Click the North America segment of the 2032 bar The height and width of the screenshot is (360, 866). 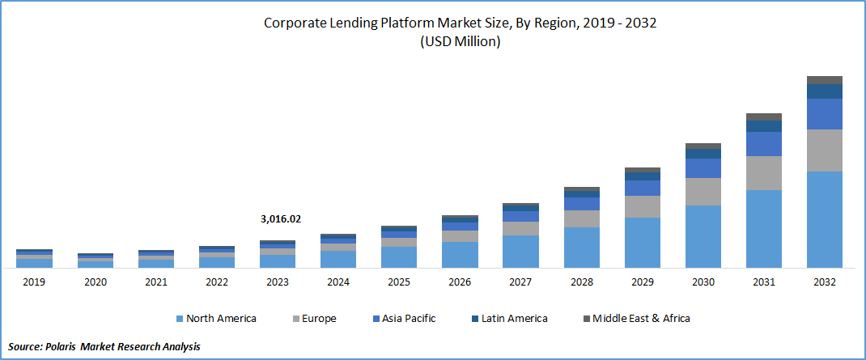824,218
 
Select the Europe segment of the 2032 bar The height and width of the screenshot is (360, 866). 824,150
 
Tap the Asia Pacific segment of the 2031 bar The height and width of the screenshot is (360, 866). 763,143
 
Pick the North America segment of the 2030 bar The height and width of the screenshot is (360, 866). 703,235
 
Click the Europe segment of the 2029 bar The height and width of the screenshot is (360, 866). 642,206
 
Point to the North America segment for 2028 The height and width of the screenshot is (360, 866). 581,247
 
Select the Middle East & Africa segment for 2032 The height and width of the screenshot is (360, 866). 824,79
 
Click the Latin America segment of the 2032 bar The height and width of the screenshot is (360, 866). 824,91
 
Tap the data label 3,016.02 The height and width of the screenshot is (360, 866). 280,218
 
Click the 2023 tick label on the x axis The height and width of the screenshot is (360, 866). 278,282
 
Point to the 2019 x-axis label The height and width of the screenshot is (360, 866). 34,282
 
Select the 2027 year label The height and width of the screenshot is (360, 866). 520,282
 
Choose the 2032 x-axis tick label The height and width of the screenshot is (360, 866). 824,282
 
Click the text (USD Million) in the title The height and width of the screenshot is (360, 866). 460,42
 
